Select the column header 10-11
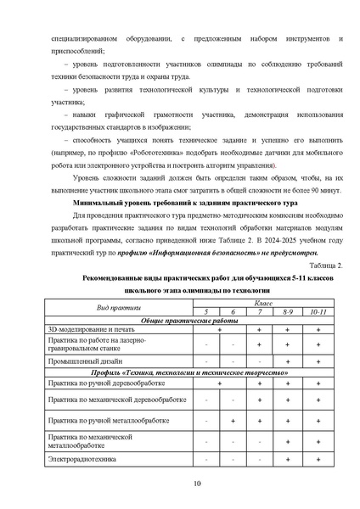coord(319,313)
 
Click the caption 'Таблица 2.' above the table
coord(326,266)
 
